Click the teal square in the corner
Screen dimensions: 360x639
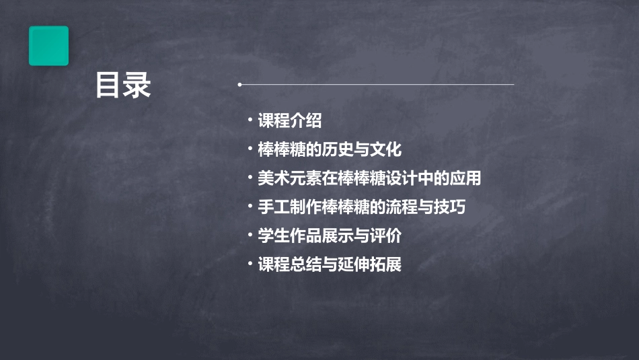[x=48, y=46]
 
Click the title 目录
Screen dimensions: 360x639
[x=122, y=86]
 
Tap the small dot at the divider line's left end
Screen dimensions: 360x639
[x=239, y=85]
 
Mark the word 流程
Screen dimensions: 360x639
[x=402, y=207]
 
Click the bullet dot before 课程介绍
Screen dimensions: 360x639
[x=250, y=121]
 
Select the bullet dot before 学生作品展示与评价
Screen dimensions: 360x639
[x=250, y=236]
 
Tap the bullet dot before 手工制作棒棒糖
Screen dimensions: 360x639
[x=250, y=207]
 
